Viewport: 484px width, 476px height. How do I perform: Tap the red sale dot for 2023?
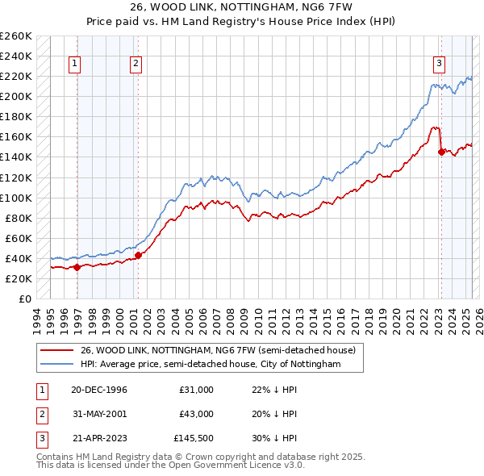[441, 152]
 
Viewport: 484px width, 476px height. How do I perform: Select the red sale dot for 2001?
[138, 255]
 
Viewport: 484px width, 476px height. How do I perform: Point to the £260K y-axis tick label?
[15, 36]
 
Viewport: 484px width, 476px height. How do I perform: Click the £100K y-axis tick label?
[15, 198]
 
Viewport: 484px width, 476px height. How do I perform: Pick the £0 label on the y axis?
[25, 299]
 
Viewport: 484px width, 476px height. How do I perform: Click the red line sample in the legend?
[56, 350]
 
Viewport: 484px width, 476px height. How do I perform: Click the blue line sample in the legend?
[56, 365]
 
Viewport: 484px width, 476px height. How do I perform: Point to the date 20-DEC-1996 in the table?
[99, 390]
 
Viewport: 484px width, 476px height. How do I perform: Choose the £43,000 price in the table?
[197, 415]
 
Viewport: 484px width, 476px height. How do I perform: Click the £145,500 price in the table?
[194, 440]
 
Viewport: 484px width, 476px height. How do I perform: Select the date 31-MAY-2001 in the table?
[99, 415]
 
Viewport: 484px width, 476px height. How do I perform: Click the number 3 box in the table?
[40, 440]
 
